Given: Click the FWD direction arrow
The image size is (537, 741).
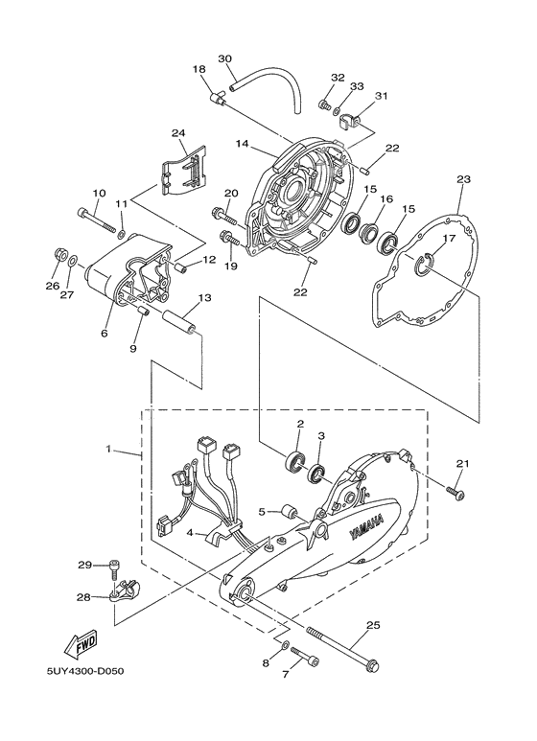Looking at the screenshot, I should pyautogui.click(x=77, y=638).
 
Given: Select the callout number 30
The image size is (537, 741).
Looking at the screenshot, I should pyautogui.click(x=225, y=59).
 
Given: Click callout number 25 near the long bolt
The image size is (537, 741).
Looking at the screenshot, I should pyautogui.click(x=373, y=625).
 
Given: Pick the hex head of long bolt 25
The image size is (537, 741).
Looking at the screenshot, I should pyautogui.click(x=372, y=665).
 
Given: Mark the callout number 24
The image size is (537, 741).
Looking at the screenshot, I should pyautogui.click(x=177, y=132).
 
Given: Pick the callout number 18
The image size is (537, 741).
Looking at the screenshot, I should pyautogui.click(x=198, y=69).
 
